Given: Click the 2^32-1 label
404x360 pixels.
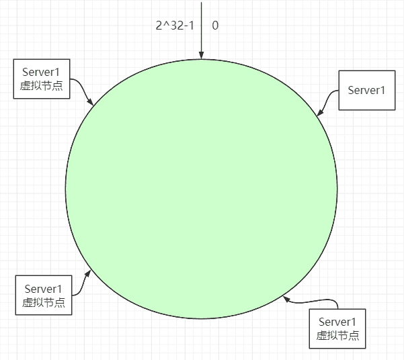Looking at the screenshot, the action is click(x=175, y=26).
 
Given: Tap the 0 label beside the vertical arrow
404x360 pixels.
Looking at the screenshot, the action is click(x=215, y=26).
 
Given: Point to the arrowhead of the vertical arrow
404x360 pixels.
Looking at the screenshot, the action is click(x=201, y=55).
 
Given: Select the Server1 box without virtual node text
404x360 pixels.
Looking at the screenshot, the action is click(x=366, y=90).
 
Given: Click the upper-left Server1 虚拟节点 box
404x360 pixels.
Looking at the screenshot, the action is click(x=42, y=79).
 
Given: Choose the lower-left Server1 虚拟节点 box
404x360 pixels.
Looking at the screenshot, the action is click(x=44, y=295).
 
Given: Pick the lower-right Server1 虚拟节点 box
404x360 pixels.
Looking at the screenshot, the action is click(x=337, y=329).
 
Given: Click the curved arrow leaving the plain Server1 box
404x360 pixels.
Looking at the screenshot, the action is click(x=325, y=100).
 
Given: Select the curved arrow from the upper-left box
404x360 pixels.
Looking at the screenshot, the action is click(x=83, y=89).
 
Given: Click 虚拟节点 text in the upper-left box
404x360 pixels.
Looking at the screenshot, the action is click(x=42, y=85).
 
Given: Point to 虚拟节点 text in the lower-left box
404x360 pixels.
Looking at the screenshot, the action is click(x=44, y=302).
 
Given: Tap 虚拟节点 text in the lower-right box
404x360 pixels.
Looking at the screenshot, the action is click(x=337, y=336).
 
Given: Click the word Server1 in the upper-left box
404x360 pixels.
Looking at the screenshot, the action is click(x=41, y=72).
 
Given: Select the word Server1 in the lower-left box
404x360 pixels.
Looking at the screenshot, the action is click(x=43, y=289).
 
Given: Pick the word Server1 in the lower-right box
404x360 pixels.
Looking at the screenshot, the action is click(x=337, y=322).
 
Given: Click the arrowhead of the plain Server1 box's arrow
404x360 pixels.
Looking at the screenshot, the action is click(x=319, y=113).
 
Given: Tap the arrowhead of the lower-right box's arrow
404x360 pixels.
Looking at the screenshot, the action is click(x=286, y=299).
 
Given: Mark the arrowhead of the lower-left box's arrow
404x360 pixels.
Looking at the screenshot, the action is click(x=88, y=273).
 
